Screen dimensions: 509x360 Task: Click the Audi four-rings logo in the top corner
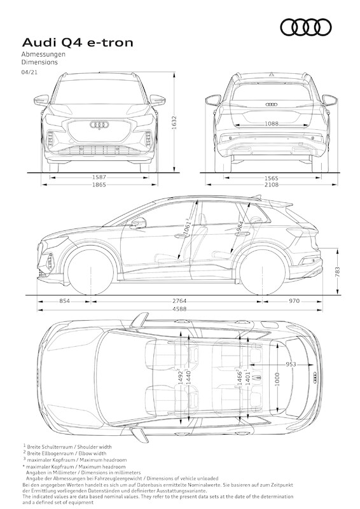coord(305,27)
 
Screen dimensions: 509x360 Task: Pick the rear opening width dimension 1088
coord(271,125)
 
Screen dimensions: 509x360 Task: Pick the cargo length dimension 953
coord(290,365)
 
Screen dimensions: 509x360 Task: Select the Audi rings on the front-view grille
coord(100,125)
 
